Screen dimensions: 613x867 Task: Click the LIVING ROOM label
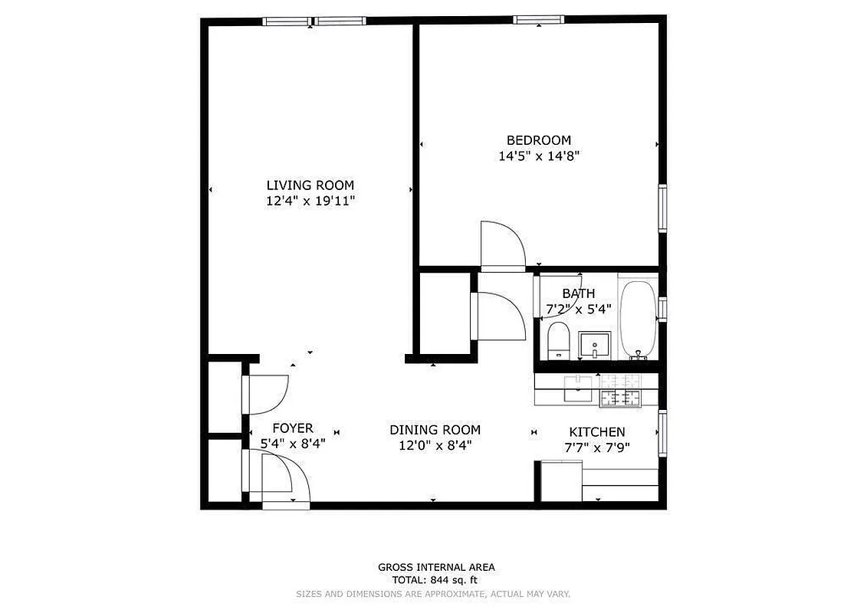pyautogui.click(x=310, y=185)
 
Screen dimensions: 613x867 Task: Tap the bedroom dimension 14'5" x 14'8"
pyautogui.click(x=538, y=156)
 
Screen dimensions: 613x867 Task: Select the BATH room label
pyautogui.click(x=578, y=293)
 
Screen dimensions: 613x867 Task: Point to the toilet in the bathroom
pyautogui.click(x=558, y=341)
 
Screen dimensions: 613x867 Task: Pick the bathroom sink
pyautogui.click(x=594, y=345)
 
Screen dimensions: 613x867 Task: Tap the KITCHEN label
pyautogui.click(x=596, y=432)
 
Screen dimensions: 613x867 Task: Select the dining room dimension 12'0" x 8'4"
pyautogui.click(x=435, y=446)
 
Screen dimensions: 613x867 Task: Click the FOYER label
pyautogui.click(x=292, y=428)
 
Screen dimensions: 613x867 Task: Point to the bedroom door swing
pyautogui.click(x=501, y=245)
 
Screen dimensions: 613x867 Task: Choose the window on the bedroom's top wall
pyautogui.click(x=538, y=20)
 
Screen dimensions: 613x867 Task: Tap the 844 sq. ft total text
pyautogui.click(x=435, y=581)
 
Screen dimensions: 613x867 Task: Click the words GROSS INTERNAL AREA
pyautogui.click(x=435, y=567)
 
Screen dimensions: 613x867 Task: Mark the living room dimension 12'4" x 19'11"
pyautogui.click(x=310, y=201)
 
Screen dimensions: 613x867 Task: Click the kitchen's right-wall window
pyautogui.click(x=662, y=434)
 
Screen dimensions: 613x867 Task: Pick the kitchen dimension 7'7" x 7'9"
pyautogui.click(x=596, y=447)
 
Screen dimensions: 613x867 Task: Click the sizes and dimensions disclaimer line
pyautogui.click(x=433, y=594)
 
